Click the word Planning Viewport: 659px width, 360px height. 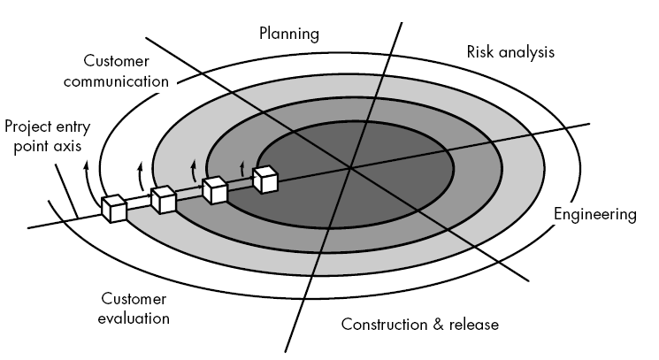[x=289, y=34]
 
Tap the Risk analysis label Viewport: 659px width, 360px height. [x=510, y=52]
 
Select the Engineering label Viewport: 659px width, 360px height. [x=595, y=215]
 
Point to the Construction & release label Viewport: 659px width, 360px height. [x=420, y=325]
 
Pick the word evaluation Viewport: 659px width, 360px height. [x=134, y=318]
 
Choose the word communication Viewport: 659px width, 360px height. [x=117, y=81]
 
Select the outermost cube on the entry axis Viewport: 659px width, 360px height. [x=114, y=209]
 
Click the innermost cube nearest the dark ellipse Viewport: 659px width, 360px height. [x=265, y=180]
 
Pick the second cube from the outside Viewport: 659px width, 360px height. [x=164, y=200]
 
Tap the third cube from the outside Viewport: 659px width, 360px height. [x=215, y=190]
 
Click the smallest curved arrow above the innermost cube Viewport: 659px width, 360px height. [x=241, y=168]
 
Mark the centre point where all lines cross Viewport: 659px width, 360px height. [x=349, y=168]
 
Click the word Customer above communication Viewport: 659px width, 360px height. [x=116, y=61]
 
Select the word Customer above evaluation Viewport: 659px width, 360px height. [x=134, y=299]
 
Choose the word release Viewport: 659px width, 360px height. [x=474, y=325]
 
